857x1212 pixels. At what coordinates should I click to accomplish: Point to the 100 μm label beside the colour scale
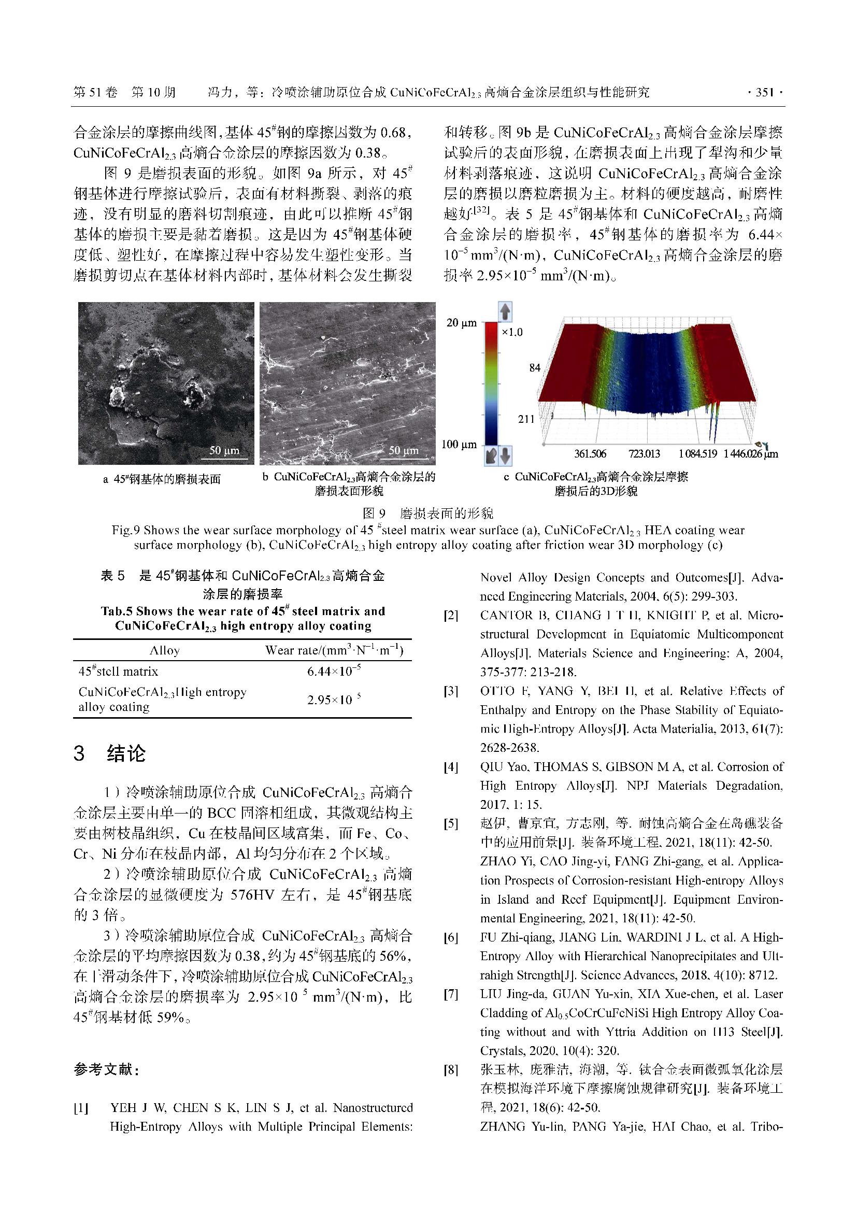pyautogui.click(x=459, y=445)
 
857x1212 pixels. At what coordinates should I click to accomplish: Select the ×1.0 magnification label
pyautogui.click(x=512, y=332)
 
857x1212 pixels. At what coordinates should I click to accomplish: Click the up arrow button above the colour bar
pyautogui.click(x=505, y=312)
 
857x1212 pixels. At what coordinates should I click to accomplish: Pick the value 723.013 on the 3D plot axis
pyautogui.click(x=644, y=454)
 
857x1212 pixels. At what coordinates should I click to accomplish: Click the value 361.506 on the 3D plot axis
pyautogui.click(x=591, y=454)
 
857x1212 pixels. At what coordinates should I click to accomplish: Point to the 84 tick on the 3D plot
pyautogui.click(x=535, y=368)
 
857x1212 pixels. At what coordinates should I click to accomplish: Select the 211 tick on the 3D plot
pyautogui.click(x=525, y=419)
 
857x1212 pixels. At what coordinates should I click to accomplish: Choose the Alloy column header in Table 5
pyautogui.click(x=165, y=650)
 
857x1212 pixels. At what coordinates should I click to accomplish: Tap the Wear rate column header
pyautogui.click(x=334, y=650)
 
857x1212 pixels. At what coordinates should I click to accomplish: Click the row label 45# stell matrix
pyautogui.click(x=118, y=672)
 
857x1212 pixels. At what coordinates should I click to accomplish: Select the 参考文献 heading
pyautogui.click(x=106, y=1070)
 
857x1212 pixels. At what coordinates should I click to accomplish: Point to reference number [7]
pyautogui.click(x=451, y=994)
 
